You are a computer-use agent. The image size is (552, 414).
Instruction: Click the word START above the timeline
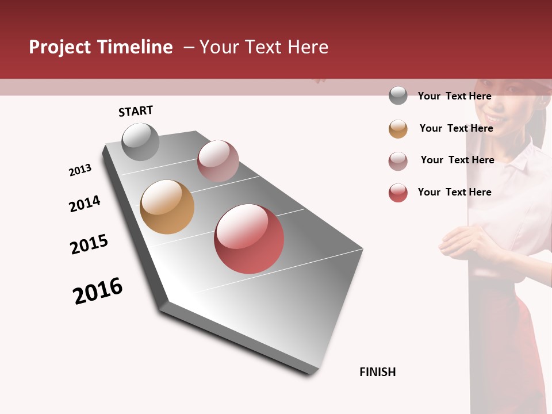click(x=136, y=111)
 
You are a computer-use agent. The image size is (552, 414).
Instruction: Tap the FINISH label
click(x=378, y=372)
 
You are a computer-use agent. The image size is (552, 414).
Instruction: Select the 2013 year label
click(x=80, y=170)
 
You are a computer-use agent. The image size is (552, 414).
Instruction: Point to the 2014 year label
click(x=85, y=204)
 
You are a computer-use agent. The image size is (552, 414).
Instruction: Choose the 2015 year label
click(x=89, y=244)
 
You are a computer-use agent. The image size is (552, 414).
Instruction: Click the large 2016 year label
click(x=98, y=291)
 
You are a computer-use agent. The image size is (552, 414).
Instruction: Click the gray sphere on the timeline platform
click(x=140, y=141)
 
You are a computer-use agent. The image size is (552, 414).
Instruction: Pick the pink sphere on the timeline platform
click(x=218, y=160)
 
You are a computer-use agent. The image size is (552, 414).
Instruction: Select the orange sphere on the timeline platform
click(x=167, y=207)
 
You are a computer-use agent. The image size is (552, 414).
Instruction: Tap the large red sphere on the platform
click(x=249, y=239)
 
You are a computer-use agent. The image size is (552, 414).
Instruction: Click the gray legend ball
click(x=398, y=95)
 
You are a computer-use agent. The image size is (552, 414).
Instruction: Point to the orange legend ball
click(x=398, y=129)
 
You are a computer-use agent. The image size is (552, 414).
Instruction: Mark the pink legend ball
click(x=398, y=161)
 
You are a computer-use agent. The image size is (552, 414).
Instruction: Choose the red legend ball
click(x=398, y=193)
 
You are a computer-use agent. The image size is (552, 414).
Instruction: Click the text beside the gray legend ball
click(x=454, y=96)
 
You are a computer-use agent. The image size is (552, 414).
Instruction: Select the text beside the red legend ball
click(x=454, y=192)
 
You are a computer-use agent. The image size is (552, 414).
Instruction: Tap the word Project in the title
click(x=59, y=47)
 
